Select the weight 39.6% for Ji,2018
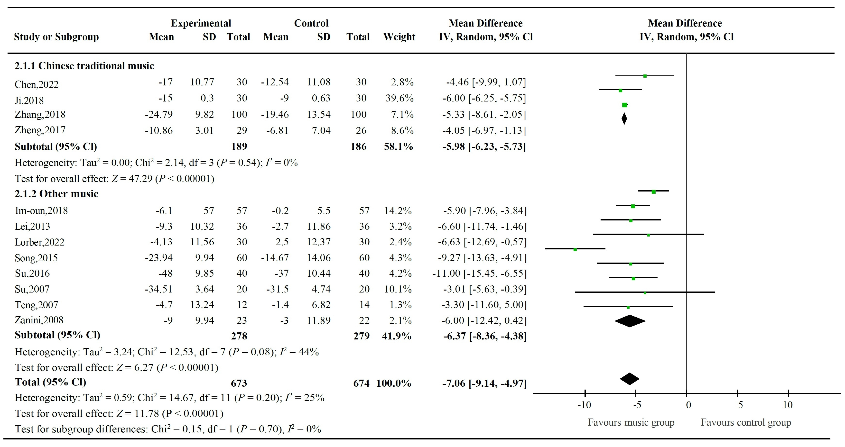399,98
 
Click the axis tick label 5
740,405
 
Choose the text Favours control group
746,422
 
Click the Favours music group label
631,422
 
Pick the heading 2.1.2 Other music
56,194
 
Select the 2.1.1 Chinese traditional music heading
84,66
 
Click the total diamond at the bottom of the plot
630,379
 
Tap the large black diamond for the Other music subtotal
630,321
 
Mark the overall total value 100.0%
394,383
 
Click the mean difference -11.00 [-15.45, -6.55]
479,273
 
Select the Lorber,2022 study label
39,242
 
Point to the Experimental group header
201,23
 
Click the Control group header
311,23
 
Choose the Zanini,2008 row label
39,320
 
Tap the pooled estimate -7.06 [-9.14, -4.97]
484,383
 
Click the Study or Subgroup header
56,37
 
